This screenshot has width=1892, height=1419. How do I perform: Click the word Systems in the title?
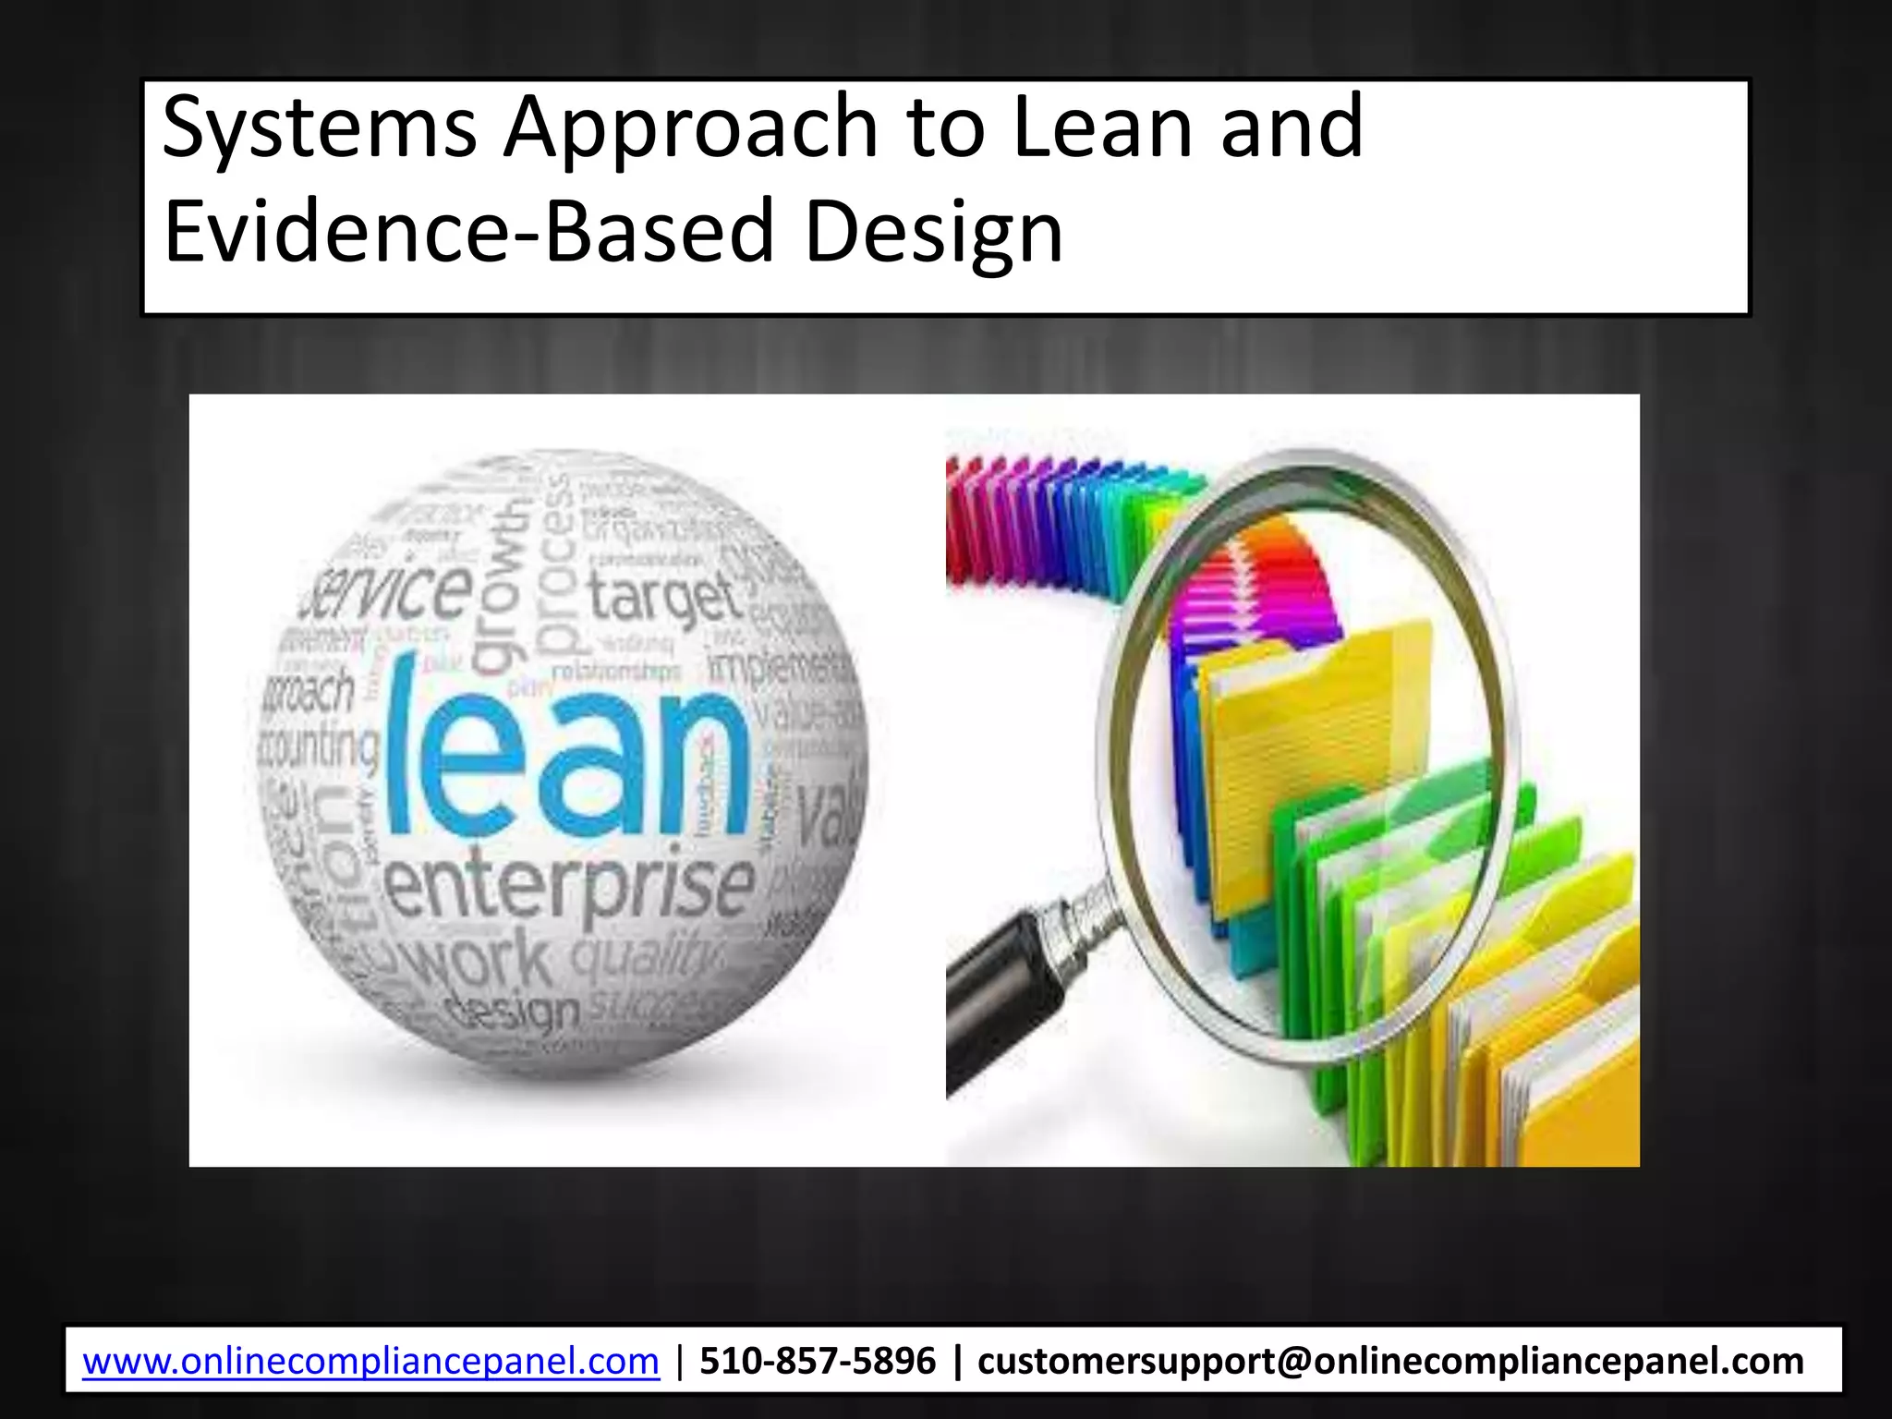(319, 129)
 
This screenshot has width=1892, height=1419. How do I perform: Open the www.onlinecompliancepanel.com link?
(370, 1362)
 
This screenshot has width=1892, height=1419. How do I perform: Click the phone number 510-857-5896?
(818, 1362)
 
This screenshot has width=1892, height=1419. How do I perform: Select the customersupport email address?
(1390, 1362)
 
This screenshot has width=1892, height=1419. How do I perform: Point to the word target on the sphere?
(665, 596)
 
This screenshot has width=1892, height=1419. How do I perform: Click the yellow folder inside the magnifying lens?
(1312, 758)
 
